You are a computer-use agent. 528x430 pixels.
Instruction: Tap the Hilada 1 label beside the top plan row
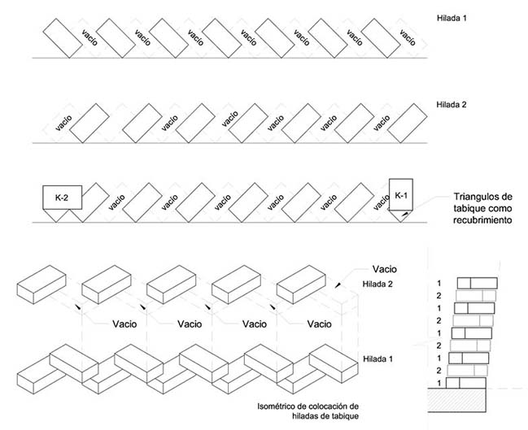(x=452, y=16)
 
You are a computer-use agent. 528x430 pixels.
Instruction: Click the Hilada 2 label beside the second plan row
(x=452, y=105)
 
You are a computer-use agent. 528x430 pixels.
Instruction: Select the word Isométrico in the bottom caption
(x=274, y=406)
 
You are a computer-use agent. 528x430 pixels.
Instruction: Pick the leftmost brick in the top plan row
(x=60, y=37)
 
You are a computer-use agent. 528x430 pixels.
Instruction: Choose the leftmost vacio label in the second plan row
(x=64, y=124)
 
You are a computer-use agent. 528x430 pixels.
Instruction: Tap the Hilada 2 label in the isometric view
(x=377, y=284)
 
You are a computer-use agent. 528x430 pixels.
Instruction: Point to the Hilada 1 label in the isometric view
(x=379, y=358)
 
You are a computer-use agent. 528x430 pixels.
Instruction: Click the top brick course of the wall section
(x=478, y=282)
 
